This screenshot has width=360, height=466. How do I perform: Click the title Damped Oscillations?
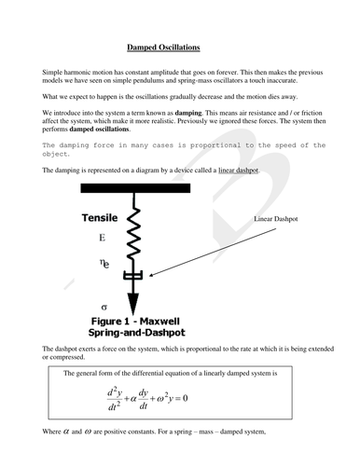tap(163, 48)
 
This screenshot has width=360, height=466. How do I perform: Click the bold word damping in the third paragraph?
tap(188, 113)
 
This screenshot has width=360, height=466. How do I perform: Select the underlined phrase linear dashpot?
tap(239, 171)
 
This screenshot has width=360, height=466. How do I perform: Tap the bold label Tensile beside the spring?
tap(100, 218)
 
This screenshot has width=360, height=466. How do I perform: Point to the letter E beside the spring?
tap(103, 238)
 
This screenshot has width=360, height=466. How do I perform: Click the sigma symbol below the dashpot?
tap(104, 308)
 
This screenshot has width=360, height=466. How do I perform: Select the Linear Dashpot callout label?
tap(276, 219)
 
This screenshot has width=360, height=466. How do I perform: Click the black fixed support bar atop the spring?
tap(135, 188)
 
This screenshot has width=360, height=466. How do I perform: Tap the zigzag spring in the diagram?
tap(133, 233)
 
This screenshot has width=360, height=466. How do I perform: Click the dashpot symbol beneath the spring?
tap(133, 275)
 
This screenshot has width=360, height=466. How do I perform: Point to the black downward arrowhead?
tap(133, 304)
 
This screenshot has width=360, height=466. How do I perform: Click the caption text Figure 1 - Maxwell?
tap(135, 321)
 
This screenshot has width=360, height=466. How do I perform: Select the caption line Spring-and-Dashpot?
tap(136, 333)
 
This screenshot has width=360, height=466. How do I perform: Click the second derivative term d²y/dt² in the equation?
tap(115, 399)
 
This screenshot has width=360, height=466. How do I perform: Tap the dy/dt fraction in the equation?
tap(144, 399)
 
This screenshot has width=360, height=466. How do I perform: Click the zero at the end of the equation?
tap(185, 398)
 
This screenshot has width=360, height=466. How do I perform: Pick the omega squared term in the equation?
tap(164, 398)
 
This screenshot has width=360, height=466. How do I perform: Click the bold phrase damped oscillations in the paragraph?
tap(99, 129)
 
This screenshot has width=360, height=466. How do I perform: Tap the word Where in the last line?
tap(51, 432)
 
